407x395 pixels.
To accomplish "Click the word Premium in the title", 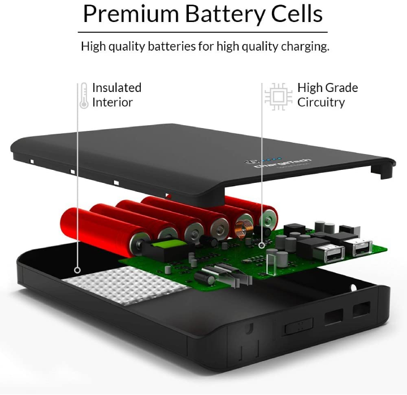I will [x=131, y=14].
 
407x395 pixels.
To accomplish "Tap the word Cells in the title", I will [x=295, y=14].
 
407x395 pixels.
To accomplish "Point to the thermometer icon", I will [x=84, y=95].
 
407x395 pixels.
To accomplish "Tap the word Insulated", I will [x=116, y=87].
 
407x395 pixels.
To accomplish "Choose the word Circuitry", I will [x=321, y=102].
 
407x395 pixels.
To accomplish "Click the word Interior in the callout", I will [x=112, y=102].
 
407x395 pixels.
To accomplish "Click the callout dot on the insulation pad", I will [x=77, y=270].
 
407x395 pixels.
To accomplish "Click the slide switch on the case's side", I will [x=297, y=326].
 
